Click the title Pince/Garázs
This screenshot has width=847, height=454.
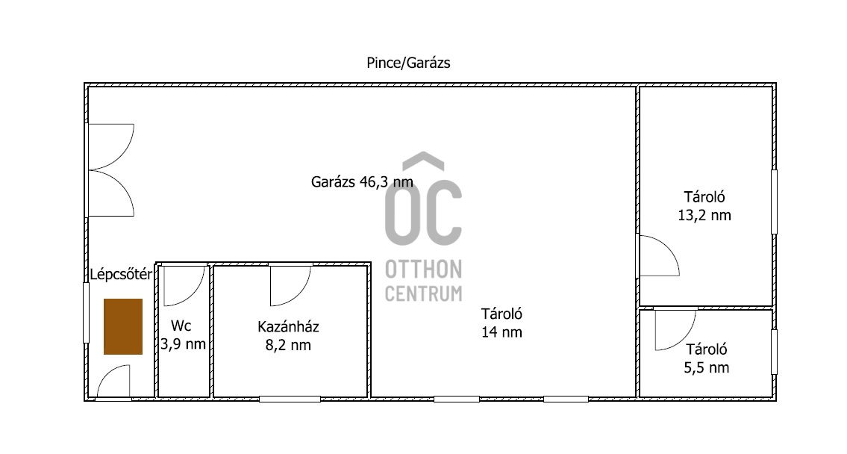[x=408, y=63]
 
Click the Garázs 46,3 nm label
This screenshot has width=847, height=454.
[x=362, y=182]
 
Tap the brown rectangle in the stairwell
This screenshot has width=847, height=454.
[x=123, y=326]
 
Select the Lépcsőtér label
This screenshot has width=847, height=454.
[x=121, y=275]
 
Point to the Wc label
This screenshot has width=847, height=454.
[x=181, y=326]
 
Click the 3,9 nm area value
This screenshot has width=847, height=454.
[x=183, y=344]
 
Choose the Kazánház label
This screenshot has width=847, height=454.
[x=289, y=327]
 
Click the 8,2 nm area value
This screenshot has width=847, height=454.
[x=289, y=346]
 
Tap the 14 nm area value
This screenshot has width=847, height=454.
[x=501, y=332]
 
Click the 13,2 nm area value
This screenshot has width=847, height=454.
[x=704, y=215]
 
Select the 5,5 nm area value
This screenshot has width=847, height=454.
[x=707, y=368]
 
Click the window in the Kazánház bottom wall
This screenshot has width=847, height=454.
[x=290, y=399]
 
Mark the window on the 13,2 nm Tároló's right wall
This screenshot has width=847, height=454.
[x=774, y=202]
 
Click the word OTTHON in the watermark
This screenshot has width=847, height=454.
[x=424, y=269]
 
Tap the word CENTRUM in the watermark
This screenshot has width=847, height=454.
[x=424, y=293]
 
